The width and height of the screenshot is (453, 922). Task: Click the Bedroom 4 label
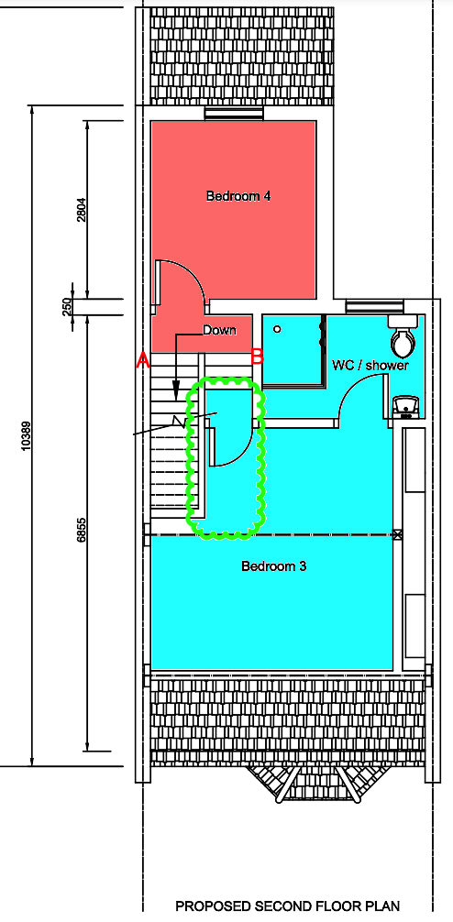pos(238,196)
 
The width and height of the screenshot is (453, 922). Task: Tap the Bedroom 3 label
pos(273,566)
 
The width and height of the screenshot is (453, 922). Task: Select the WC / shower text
pos(370,365)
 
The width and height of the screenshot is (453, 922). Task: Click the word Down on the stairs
pos(219,331)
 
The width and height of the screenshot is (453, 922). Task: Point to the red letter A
pos(143,360)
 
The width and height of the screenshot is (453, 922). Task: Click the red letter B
pos(257,357)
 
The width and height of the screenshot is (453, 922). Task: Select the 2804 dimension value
pos(82,209)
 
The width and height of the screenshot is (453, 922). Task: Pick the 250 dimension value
pos(67,306)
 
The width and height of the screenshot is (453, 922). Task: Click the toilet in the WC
pos(403,336)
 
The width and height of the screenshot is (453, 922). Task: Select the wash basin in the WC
pos(406,407)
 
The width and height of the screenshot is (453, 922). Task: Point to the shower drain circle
pos(277,329)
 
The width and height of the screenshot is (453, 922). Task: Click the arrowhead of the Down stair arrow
pos(176,392)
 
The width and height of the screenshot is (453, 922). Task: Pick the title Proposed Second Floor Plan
pos(288,906)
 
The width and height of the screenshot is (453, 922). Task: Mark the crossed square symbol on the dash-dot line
pos(398,534)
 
